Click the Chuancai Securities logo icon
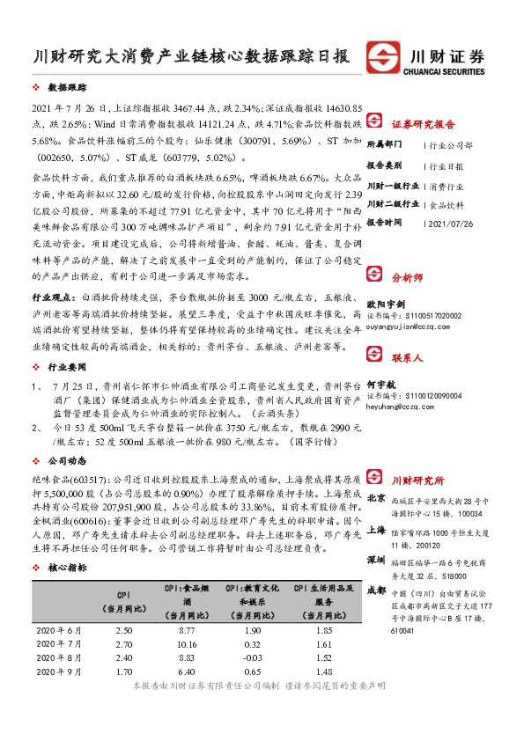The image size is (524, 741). pos(384,55)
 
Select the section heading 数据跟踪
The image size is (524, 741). pos(67,89)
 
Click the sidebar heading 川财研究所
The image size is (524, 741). pos(417,481)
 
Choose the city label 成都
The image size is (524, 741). pos(376,589)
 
